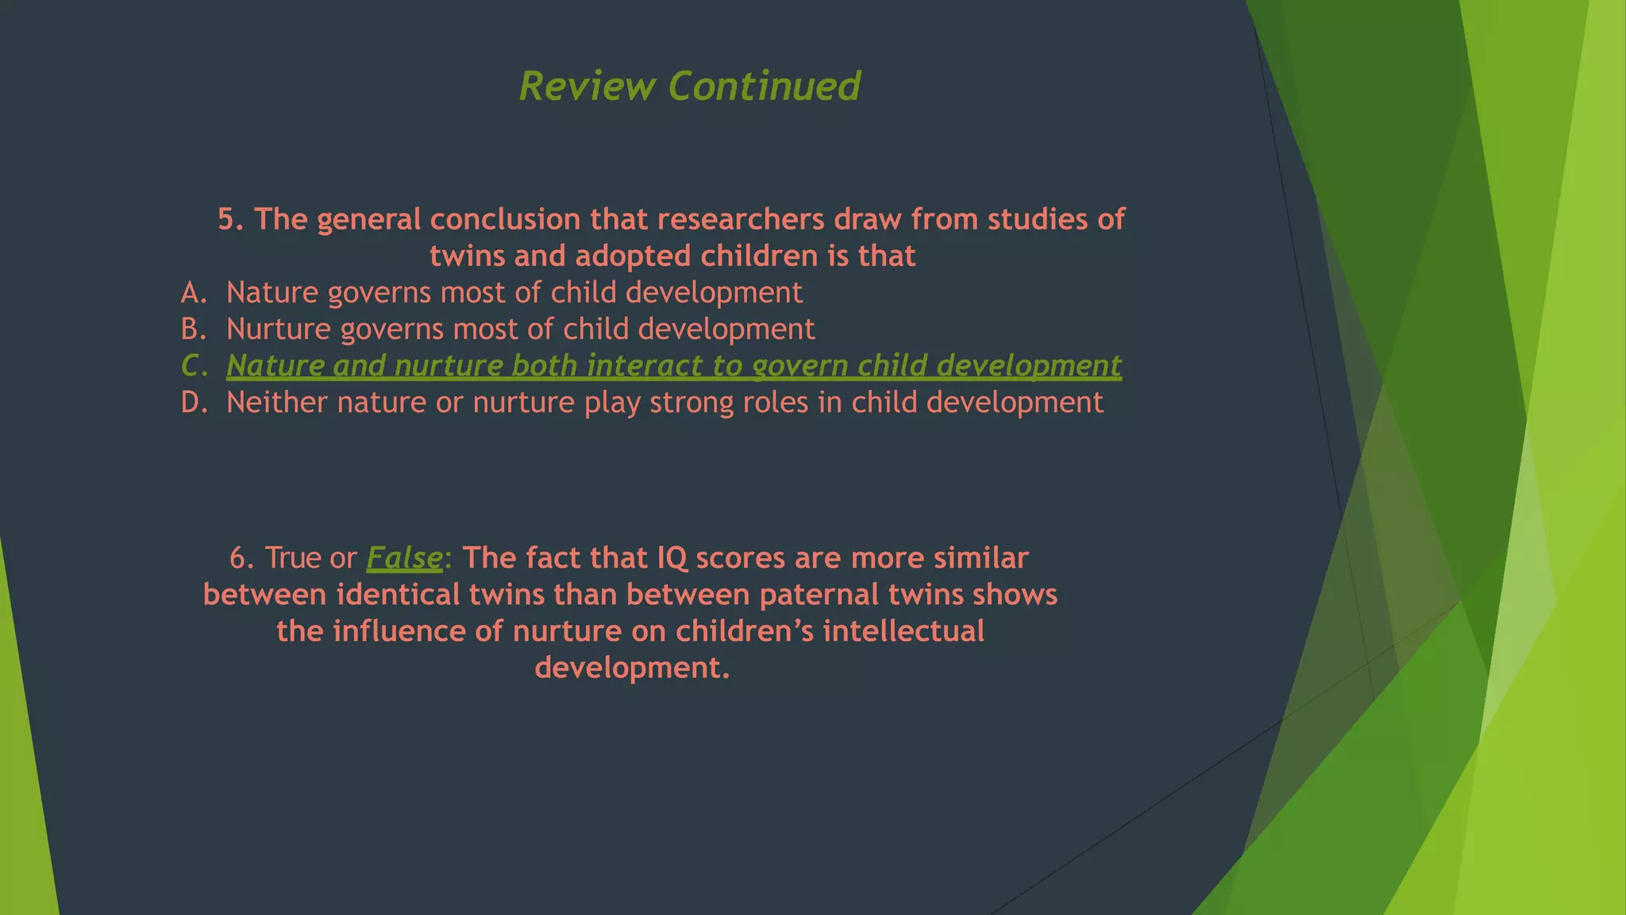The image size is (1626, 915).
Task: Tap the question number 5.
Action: (x=230, y=219)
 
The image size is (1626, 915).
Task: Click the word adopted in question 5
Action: (x=632, y=256)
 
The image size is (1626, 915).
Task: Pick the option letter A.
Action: (x=193, y=292)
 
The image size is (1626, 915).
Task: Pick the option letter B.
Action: (x=193, y=329)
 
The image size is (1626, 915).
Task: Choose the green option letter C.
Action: (x=194, y=365)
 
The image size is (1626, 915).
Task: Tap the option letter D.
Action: (x=194, y=402)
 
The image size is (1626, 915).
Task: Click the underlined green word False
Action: (x=404, y=558)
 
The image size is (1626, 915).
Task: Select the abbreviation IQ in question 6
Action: (x=672, y=558)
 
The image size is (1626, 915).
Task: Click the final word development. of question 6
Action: (x=632, y=667)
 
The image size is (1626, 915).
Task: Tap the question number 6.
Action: (x=241, y=558)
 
